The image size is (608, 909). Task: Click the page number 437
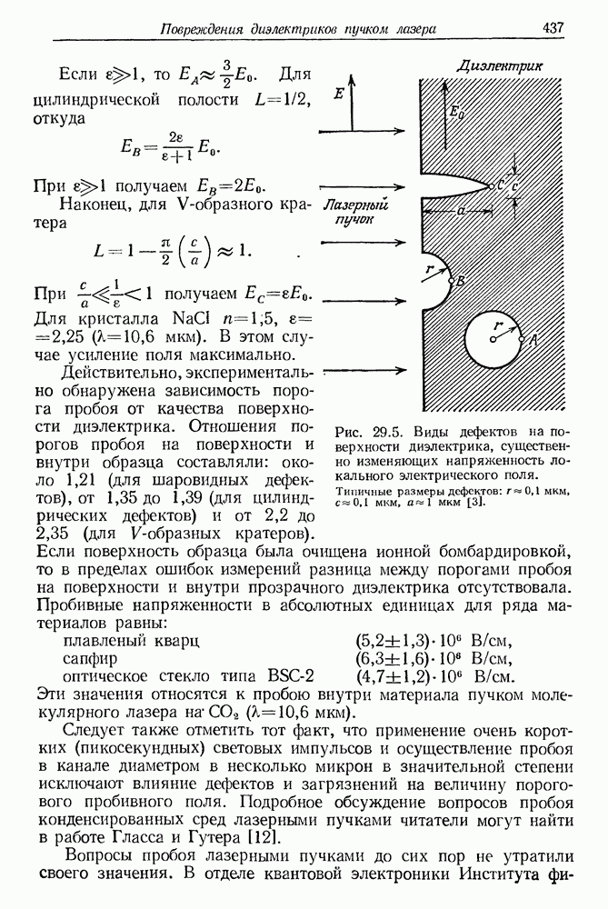554,28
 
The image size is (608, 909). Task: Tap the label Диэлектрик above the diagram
500,66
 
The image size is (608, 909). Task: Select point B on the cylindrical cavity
460,282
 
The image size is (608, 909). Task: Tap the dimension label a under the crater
462,209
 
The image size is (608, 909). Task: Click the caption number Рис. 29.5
366,431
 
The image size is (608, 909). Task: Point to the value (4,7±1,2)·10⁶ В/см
435,677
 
